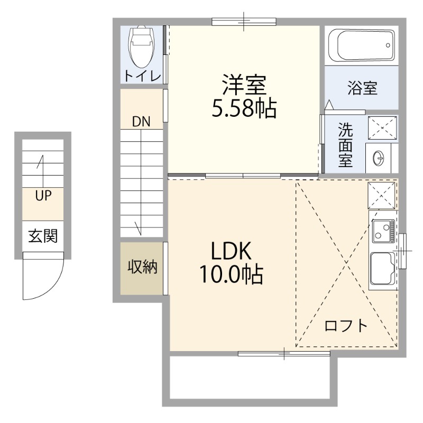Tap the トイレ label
tap(142, 76)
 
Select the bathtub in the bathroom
tap(361, 46)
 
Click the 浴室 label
tap(362, 88)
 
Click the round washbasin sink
tap(379, 157)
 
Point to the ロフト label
tap(346, 325)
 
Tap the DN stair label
tap(141, 122)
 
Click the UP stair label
tap(43, 196)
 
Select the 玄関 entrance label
tap(43, 236)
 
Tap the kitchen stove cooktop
tap(383, 231)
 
